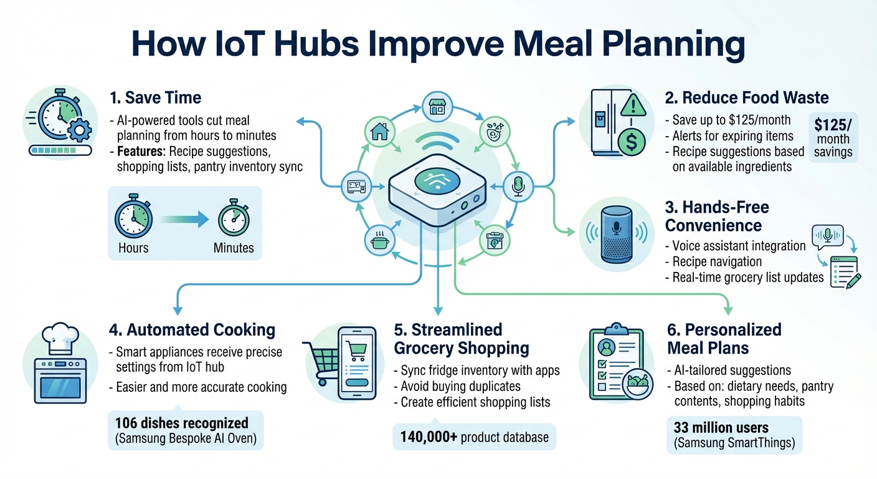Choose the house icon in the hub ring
pos(379,131)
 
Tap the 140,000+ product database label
pos(474,437)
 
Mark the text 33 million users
pos(721,428)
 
